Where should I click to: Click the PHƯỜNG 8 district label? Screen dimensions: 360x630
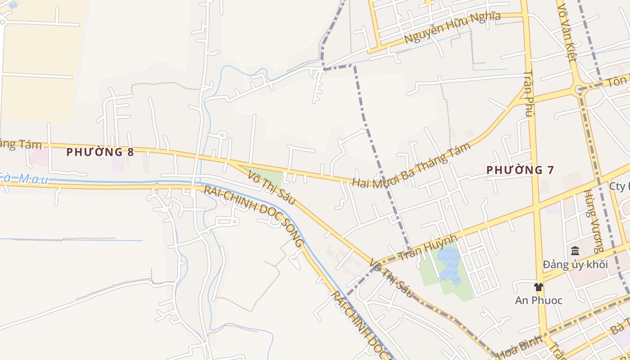click(100, 152)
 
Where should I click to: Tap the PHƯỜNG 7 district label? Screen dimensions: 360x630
click(520, 170)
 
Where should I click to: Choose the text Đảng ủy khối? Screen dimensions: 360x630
click(575, 265)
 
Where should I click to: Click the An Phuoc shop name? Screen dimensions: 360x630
click(539, 300)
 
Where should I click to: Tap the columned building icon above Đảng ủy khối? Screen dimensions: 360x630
click(575, 251)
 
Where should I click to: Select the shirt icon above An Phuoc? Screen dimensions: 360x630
click(538, 287)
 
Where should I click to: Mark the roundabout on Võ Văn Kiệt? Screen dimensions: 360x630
click(579, 90)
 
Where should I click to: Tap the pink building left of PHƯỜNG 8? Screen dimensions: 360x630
click(39, 157)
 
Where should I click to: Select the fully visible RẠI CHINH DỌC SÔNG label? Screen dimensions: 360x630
click(254, 216)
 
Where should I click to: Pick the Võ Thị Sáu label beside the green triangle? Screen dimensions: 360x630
click(272, 188)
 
